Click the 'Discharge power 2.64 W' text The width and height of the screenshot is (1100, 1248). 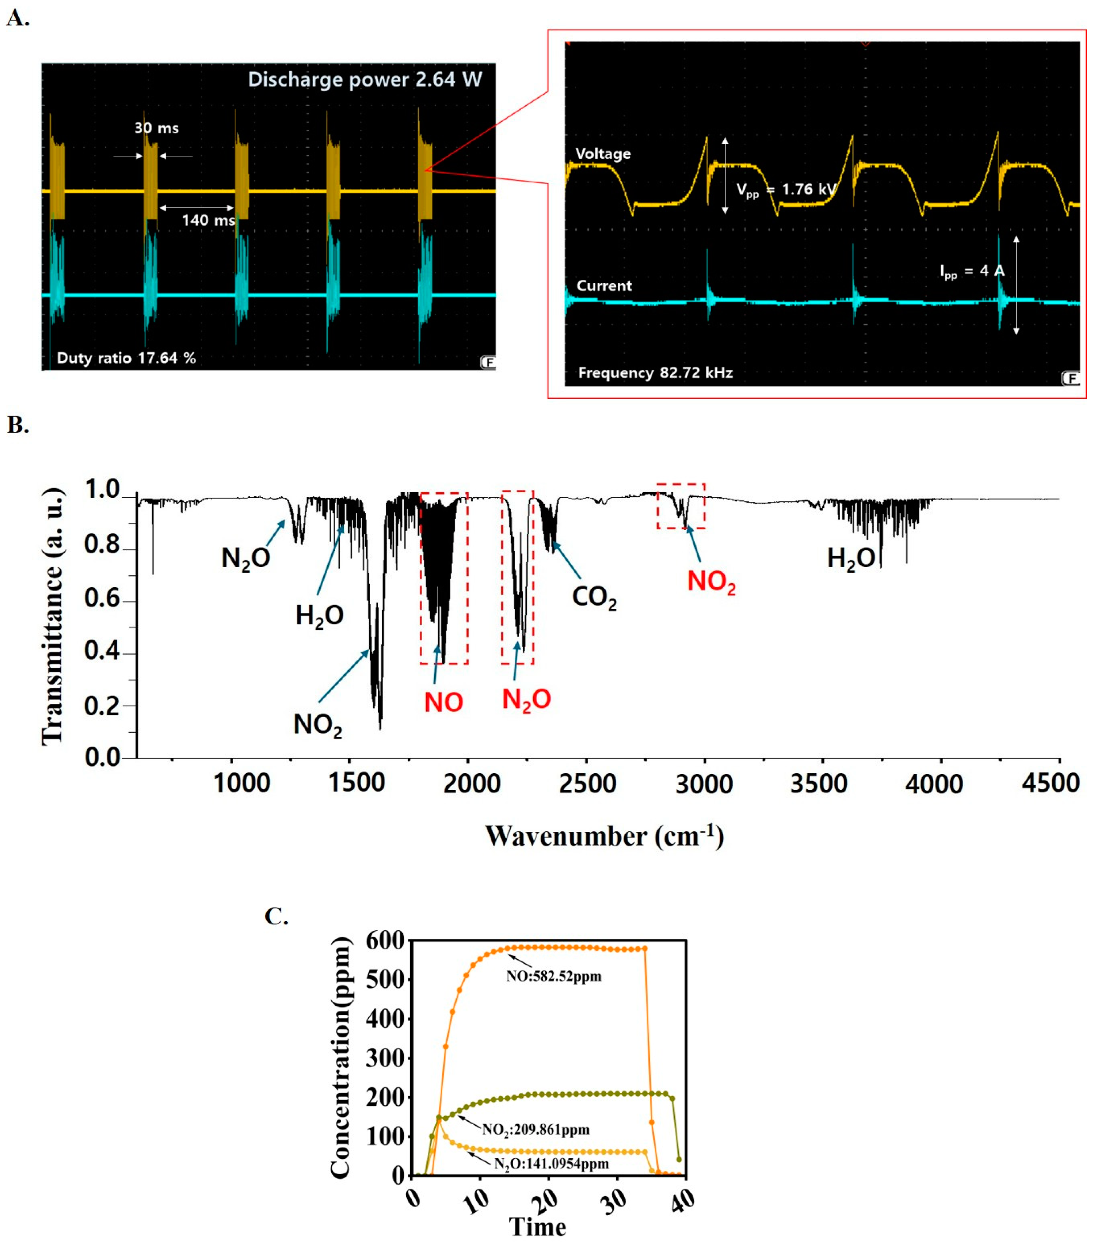[365, 79]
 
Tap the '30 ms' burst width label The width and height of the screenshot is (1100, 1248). [157, 128]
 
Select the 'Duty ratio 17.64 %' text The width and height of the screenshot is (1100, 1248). [126, 358]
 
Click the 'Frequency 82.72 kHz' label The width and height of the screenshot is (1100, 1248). [655, 373]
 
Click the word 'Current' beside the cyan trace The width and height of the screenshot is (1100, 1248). [604, 286]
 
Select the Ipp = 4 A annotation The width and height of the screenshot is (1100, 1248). [971, 271]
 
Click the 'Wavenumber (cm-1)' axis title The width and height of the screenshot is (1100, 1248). [604, 836]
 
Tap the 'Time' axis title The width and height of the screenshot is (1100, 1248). [538, 1227]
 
